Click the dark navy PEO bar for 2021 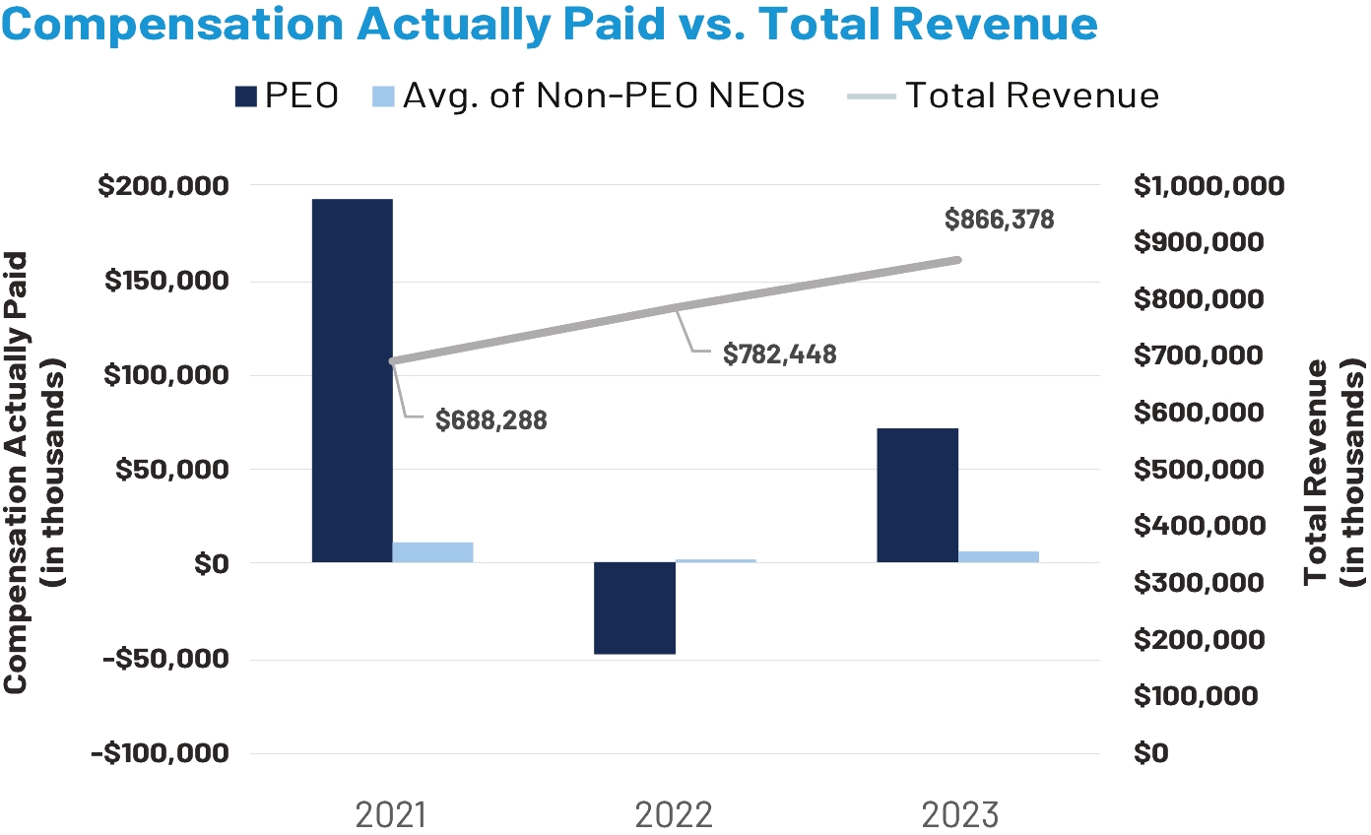(352, 380)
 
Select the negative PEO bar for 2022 (634, 608)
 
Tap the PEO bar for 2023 (917, 495)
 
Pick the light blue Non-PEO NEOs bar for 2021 (432, 552)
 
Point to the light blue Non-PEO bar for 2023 (998, 556)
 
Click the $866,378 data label (999, 220)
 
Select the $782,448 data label (779, 354)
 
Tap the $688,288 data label (490, 419)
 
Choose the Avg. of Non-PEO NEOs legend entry (589, 96)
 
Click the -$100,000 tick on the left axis (159, 753)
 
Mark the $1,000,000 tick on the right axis (1208, 186)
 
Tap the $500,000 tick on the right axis (1196, 470)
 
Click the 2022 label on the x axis (675, 815)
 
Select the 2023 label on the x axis (959, 815)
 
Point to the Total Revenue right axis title (1334, 472)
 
